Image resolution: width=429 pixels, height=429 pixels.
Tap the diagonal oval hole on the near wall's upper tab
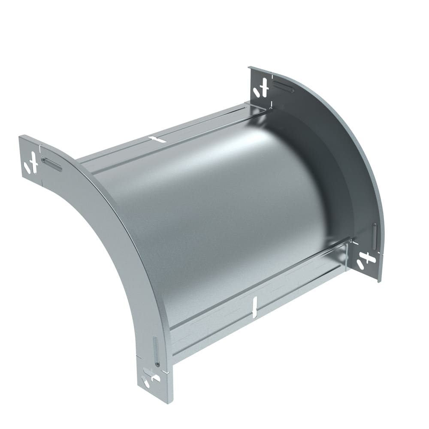27,169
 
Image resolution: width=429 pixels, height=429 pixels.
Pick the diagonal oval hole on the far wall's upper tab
257,91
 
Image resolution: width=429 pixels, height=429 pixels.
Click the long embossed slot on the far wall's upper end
284,86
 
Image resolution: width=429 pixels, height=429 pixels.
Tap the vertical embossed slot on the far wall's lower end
375,236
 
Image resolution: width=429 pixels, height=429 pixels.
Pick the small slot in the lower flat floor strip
255,307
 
